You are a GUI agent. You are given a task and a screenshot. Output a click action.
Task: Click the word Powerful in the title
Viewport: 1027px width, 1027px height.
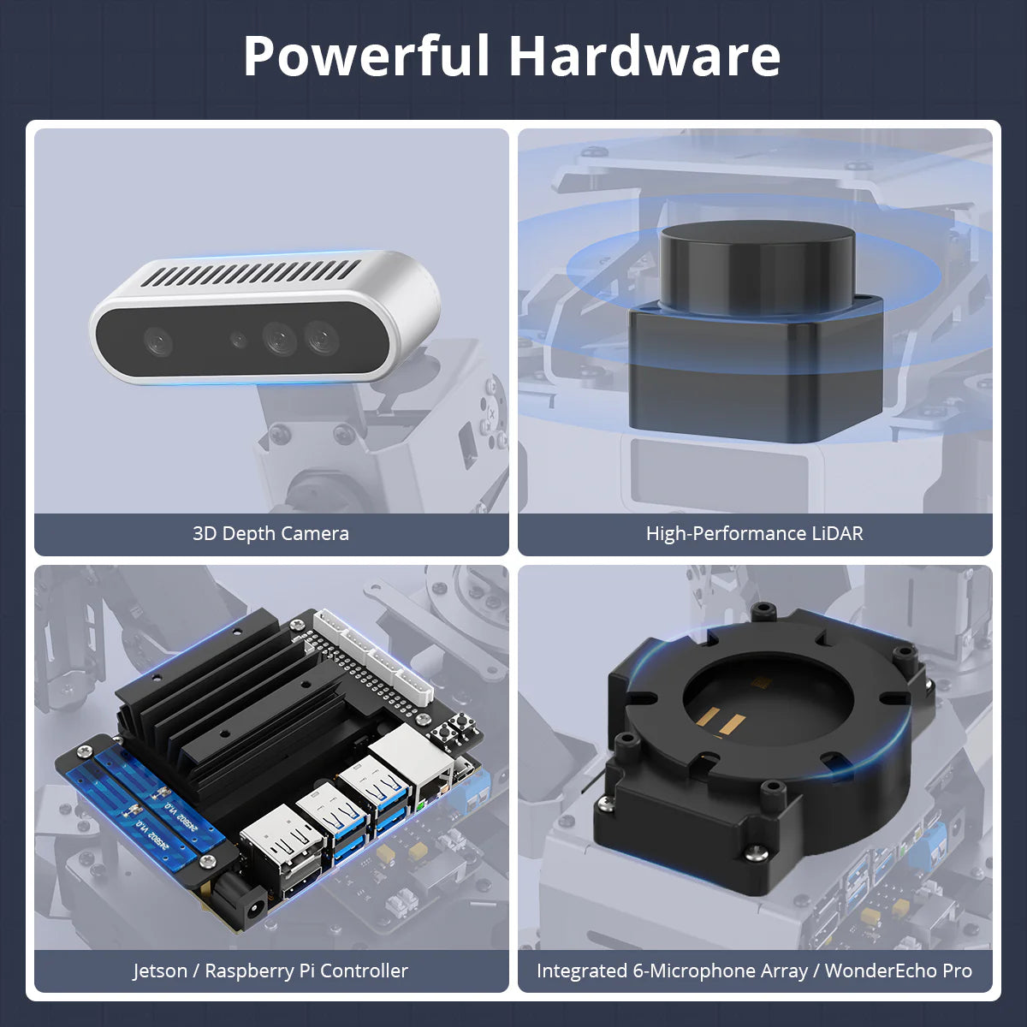tap(366, 56)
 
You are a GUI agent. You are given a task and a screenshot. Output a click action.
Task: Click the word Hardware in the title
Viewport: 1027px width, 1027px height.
tap(645, 56)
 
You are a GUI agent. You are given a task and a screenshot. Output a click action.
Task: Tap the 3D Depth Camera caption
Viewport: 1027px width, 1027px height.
tap(270, 533)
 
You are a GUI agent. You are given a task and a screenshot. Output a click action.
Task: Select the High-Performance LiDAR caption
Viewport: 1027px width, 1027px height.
tap(755, 533)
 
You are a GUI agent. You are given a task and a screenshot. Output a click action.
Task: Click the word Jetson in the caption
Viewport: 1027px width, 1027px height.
tap(160, 971)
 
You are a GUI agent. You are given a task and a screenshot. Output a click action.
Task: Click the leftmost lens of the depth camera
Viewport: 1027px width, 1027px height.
tap(158, 341)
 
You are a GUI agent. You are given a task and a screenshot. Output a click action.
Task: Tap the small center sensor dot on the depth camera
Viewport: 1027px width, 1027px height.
tap(238, 340)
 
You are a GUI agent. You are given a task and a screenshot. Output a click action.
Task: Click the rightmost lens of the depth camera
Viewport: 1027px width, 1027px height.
tap(322, 336)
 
